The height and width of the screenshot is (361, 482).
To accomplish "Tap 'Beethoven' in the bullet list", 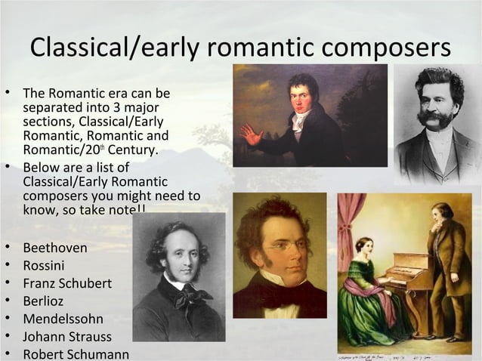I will pyautogui.click(x=55, y=248).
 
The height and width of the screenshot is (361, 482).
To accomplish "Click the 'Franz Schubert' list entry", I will pyautogui.click(x=67, y=284).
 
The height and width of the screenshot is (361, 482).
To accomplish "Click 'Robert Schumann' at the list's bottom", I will pyautogui.click(x=76, y=354).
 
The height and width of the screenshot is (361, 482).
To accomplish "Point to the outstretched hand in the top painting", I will pyautogui.click(x=250, y=135).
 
